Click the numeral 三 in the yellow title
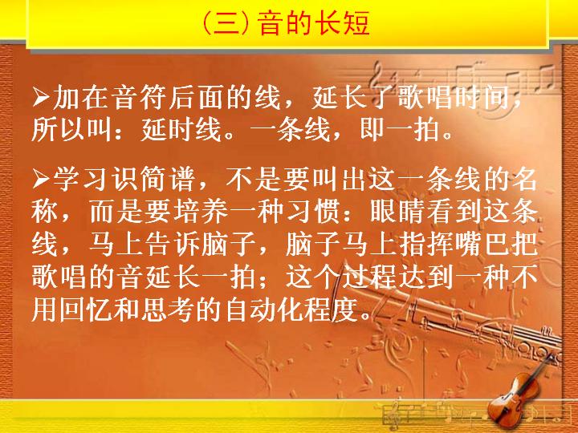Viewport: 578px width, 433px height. [226, 23]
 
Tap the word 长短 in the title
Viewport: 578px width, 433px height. [342, 23]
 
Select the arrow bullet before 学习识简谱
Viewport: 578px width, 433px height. [41, 180]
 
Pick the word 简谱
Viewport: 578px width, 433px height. [166, 180]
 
